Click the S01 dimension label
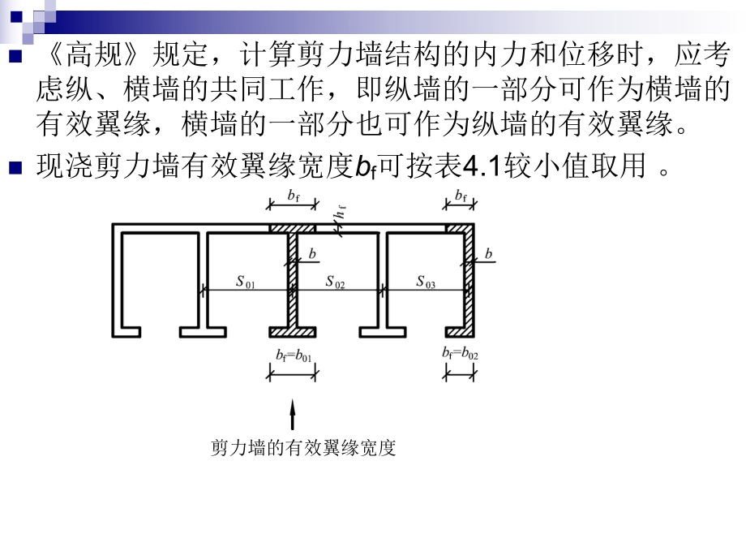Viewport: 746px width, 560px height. pos(246,282)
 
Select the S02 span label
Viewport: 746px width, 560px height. pos(336,282)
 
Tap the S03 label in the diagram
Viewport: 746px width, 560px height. pos(426,282)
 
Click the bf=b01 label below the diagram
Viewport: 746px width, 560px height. pos(294,354)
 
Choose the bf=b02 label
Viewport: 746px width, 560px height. pos(461,354)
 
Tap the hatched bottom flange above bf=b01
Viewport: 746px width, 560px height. pos(294,333)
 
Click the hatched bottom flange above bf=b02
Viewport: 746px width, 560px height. pos(461,333)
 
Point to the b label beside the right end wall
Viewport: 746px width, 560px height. pos(488,254)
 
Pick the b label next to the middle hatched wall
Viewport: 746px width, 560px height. pos(312,254)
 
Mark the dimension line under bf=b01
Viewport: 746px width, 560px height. pos(294,374)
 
